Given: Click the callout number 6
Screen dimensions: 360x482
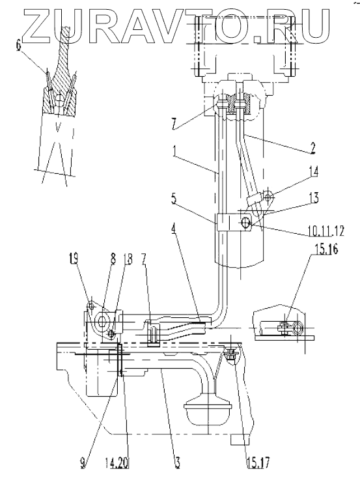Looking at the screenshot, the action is tap(18, 46).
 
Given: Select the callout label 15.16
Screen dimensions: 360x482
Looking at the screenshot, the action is tap(325, 249).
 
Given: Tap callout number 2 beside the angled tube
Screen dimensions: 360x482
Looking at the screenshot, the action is tap(312, 148).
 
